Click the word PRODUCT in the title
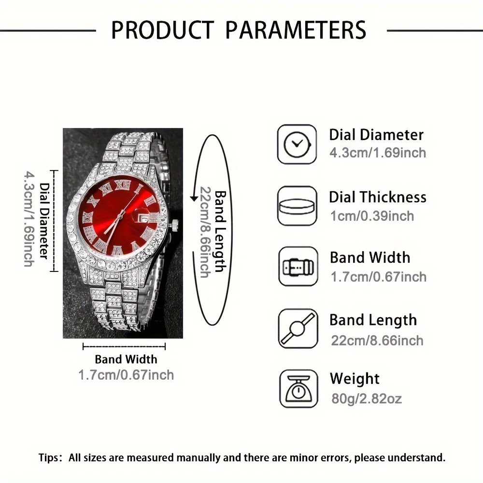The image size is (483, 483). [x=162, y=29]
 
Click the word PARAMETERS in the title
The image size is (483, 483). [x=296, y=29]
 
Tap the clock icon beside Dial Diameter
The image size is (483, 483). [x=297, y=144]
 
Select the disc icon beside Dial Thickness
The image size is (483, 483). [x=297, y=205]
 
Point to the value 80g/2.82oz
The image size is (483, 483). [x=366, y=398]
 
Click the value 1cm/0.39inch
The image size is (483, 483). [x=372, y=215]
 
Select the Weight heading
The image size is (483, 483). [x=355, y=379]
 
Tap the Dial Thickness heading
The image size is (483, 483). [x=378, y=197]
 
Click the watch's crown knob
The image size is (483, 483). [x=175, y=223]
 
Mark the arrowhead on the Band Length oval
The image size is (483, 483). [x=194, y=197]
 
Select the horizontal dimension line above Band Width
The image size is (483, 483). [x=124, y=346]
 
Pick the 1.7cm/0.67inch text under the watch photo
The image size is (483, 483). [x=126, y=374]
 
